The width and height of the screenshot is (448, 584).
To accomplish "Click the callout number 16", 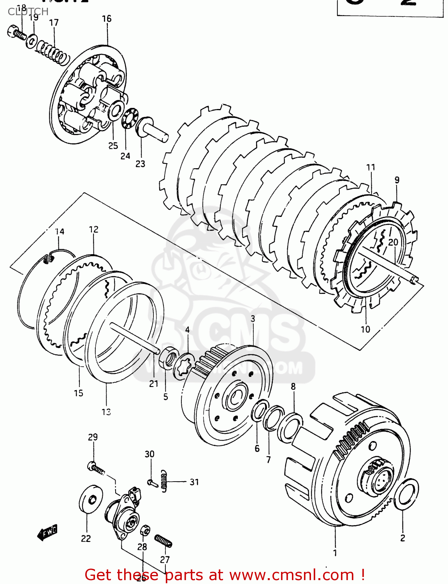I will [x=107, y=19].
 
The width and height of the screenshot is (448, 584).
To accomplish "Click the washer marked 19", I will [x=32, y=41].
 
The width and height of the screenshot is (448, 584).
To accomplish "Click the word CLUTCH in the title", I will [x=28, y=12].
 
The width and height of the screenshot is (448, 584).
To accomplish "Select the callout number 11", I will [x=371, y=167].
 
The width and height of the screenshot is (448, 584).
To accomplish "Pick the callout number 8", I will [x=293, y=387].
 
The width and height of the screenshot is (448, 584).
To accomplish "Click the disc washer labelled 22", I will [x=91, y=500].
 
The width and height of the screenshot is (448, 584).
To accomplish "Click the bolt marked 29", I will [x=96, y=467].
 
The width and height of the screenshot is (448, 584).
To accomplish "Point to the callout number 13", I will [x=106, y=412].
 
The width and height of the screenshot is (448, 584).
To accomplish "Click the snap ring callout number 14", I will [x=60, y=232].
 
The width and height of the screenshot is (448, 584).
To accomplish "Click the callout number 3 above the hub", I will [x=253, y=319].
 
